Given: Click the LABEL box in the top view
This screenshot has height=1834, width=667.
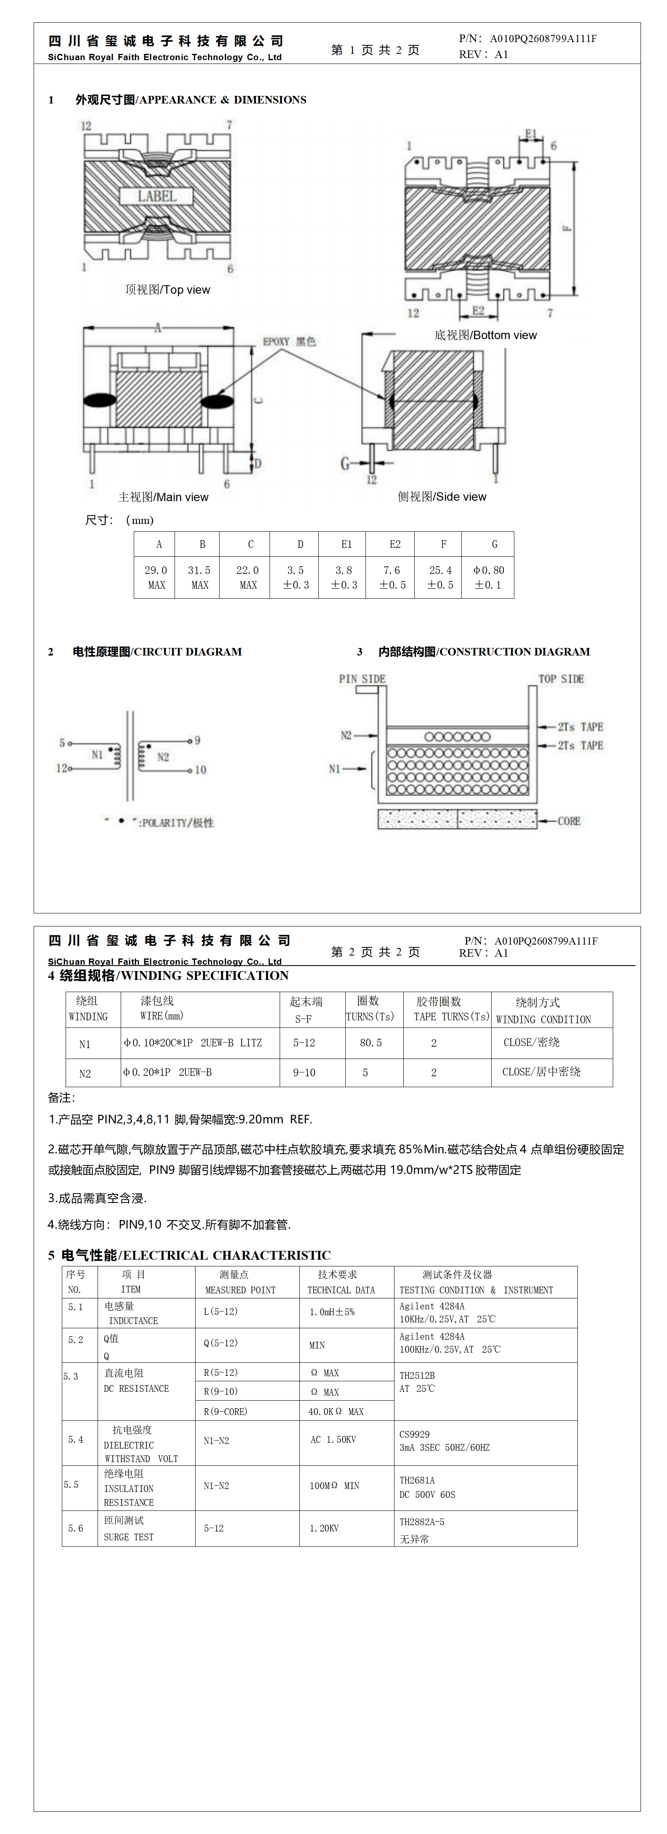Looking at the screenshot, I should (156, 196).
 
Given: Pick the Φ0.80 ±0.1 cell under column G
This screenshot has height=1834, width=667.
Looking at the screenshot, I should (488, 577).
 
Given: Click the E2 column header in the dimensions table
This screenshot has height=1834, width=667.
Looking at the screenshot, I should (394, 544).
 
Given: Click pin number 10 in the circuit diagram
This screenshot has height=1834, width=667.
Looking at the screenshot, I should (201, 770).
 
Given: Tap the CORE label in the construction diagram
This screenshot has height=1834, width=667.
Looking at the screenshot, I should (569, 821).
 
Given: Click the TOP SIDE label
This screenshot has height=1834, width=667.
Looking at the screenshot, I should (561, 679).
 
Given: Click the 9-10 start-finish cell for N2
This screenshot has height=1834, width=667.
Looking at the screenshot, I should (304, 1072).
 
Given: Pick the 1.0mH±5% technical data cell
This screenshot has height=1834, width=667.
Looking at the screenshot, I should (332, 1311).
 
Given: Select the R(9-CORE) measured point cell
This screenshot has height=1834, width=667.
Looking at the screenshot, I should (226, 1411).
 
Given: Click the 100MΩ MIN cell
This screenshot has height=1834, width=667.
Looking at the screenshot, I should (334, 1485).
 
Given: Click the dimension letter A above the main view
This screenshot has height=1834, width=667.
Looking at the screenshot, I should (158, 327).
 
